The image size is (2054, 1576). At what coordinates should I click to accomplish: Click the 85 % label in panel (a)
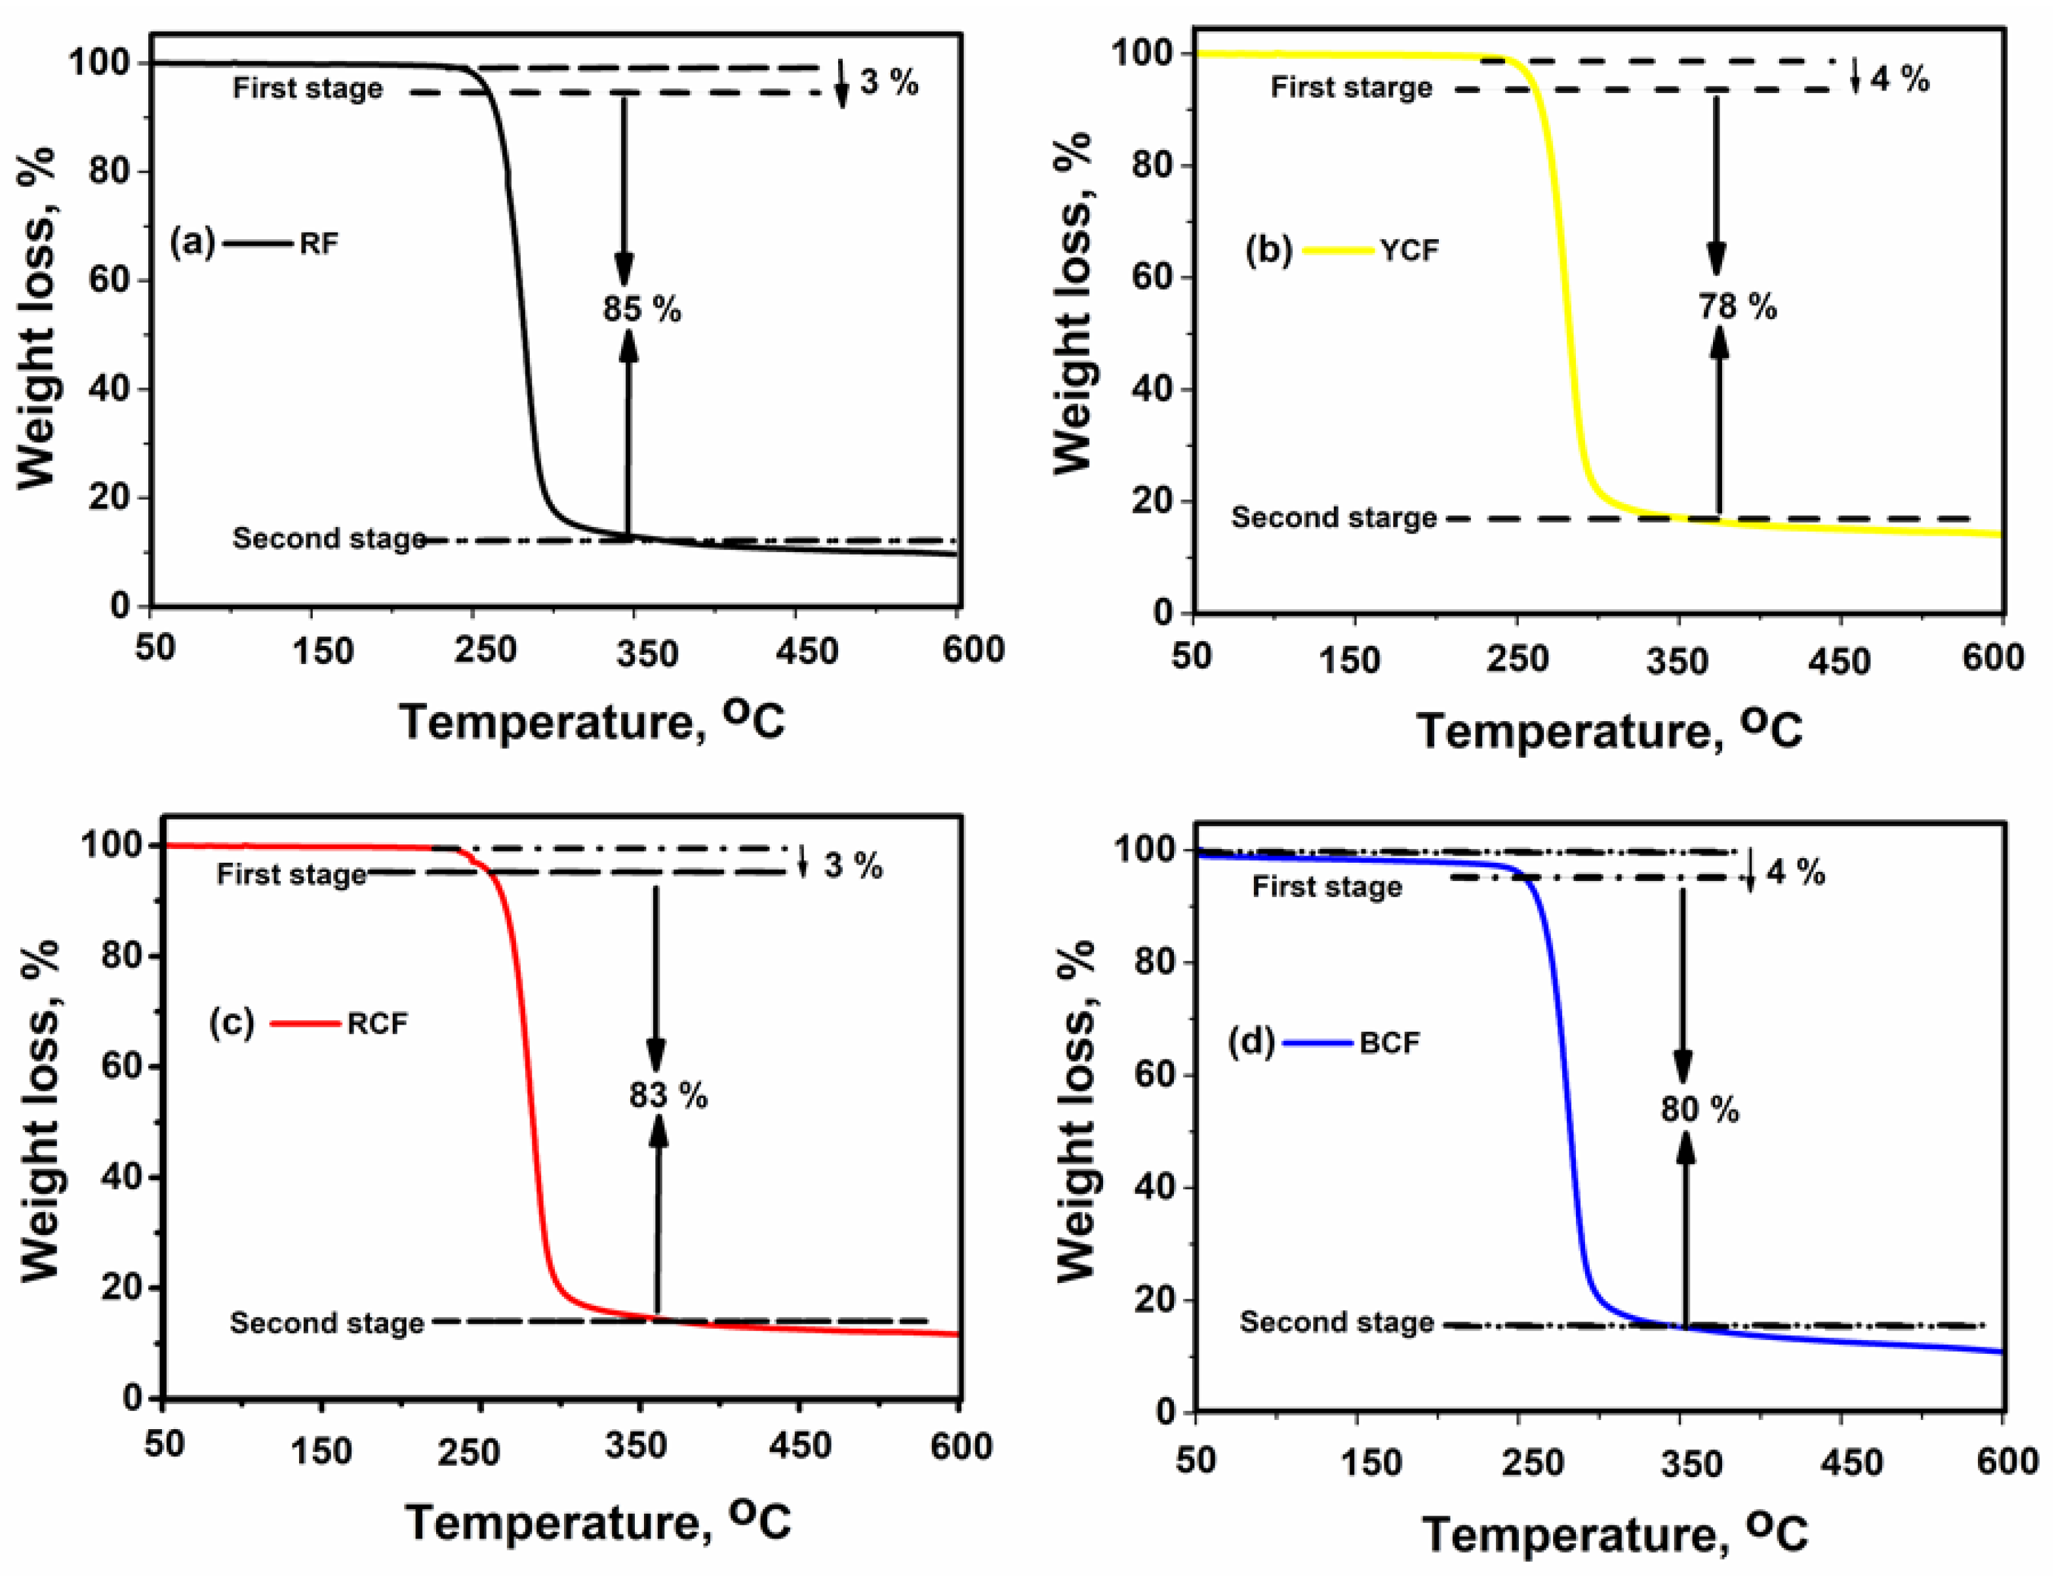coord(642,309)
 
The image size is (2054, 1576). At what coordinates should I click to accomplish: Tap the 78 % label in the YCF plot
coord(1737,307)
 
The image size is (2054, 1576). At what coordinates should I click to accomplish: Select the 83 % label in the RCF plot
coord(668,1095)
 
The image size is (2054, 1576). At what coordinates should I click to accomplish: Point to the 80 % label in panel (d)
coord(1699,1110)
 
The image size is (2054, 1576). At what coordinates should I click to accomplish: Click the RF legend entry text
coord(319,244)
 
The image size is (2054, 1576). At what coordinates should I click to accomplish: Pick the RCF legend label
coord(377,1023)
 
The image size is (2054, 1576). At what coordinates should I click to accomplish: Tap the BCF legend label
coord(1389,1043)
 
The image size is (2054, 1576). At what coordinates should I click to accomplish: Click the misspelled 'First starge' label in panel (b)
coord(1351,89)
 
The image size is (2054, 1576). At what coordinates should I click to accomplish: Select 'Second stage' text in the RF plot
coord(329,538)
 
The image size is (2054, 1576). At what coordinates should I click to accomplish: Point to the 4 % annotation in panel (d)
coord(1795,873)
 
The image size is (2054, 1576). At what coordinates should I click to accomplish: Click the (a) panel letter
coord(191,243)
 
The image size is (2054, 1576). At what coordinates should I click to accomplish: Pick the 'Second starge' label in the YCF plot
coord(1333,518)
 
